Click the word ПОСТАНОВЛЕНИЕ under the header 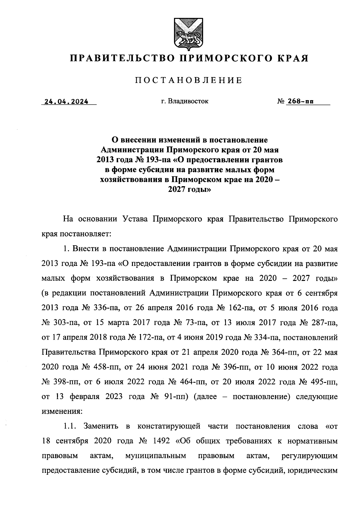pyautogui.click(x=188, y=80)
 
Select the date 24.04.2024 pyautogui.click(x=66, y=102)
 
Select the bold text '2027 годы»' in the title pyautogui.click(x=189, y=190)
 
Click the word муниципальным pyautogui.click(x=155, y=456)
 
